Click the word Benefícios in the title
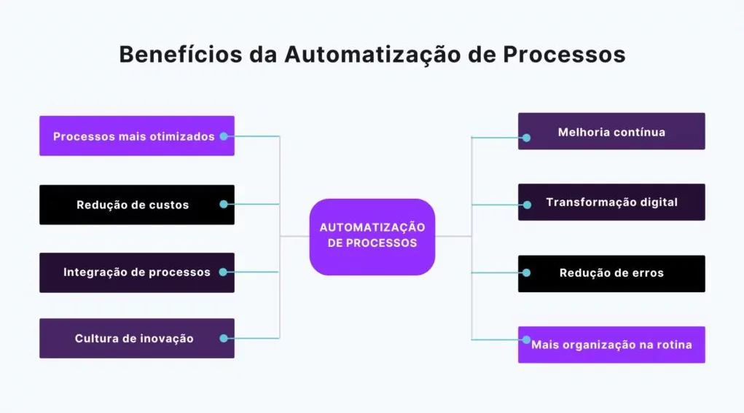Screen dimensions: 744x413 click(181, 54)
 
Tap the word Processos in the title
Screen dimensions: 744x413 click(564, 54)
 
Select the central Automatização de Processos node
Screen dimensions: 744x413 click(372, 237)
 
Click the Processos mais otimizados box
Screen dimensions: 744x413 click(137, 135)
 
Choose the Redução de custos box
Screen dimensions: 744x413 click(137, 205)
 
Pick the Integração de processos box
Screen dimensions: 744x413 click(137, 272)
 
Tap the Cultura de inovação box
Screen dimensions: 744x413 click(137, 338)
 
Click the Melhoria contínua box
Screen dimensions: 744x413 click(611, 131)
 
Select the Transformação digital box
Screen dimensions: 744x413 click(611, 202)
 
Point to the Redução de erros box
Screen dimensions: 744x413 click(611, 274)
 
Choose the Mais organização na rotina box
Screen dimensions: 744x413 click(611, 345)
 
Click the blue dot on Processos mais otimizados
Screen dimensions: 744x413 click(224, 136)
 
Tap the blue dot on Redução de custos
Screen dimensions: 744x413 click(224, 205)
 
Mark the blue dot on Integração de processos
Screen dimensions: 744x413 click(224, 272)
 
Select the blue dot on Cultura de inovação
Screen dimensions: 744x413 click(224, 338)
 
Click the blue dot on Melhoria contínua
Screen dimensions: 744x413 click(527, 138)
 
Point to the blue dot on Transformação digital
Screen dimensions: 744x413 click(527, 205)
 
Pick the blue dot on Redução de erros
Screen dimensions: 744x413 click(527, 272)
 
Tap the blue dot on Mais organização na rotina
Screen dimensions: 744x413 click(527, 339)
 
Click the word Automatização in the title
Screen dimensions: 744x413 click(372, 54)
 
